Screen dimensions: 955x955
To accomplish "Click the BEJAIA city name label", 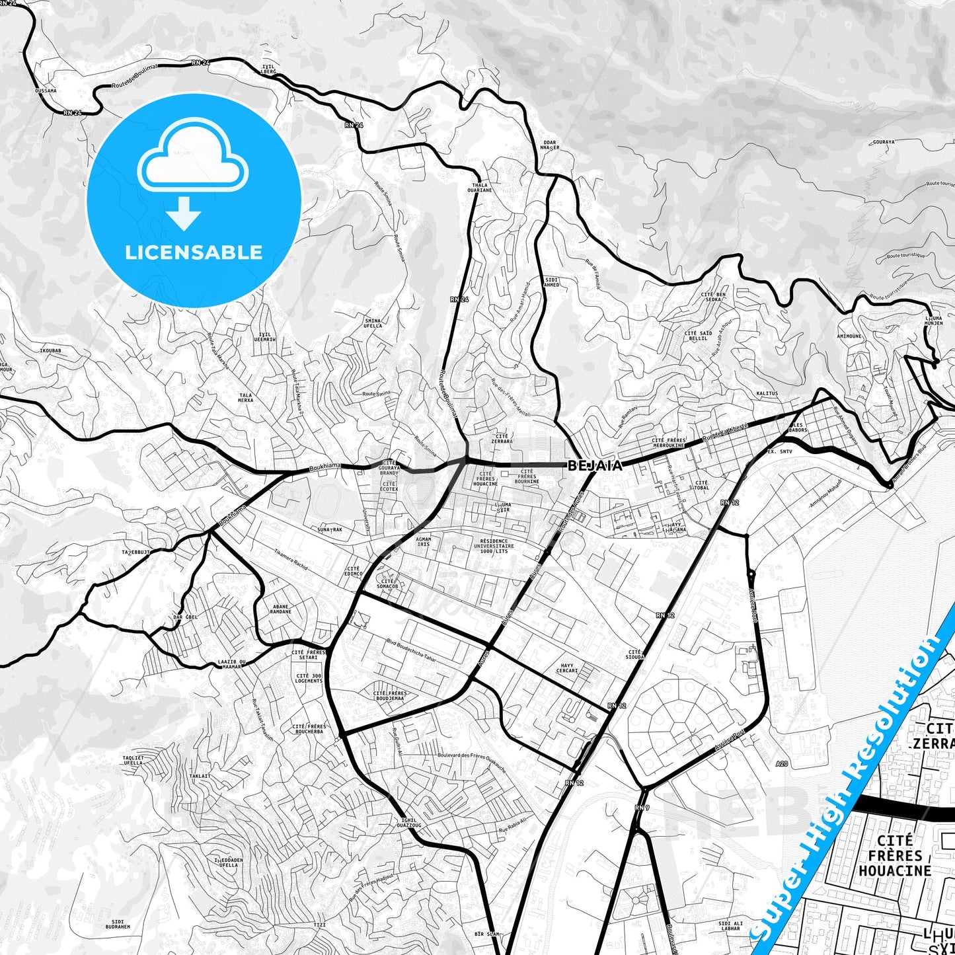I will (x=595, y=465).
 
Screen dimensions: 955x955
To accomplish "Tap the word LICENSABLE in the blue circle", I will (x=194, y=252).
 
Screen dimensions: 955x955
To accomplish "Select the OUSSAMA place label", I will (x=46, y=91).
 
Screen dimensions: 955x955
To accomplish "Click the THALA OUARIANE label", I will (x=480, y=188).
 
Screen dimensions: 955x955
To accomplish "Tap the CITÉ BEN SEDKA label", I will (x=713, y=297).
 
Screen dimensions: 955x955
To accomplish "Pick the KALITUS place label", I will (x=767, y=393).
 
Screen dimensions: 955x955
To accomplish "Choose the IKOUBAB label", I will (x=51, y=350).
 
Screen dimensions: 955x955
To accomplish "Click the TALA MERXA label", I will (x=245, y=397).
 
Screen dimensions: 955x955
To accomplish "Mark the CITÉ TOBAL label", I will (x=701, y=485).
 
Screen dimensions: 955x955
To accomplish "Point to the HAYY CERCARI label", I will (x=567, y=668).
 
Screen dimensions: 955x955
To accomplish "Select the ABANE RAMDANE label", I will (x=280, y=609).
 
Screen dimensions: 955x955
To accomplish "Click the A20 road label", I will (x=782, y=764).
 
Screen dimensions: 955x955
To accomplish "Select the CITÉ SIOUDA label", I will (x=634, y=654).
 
